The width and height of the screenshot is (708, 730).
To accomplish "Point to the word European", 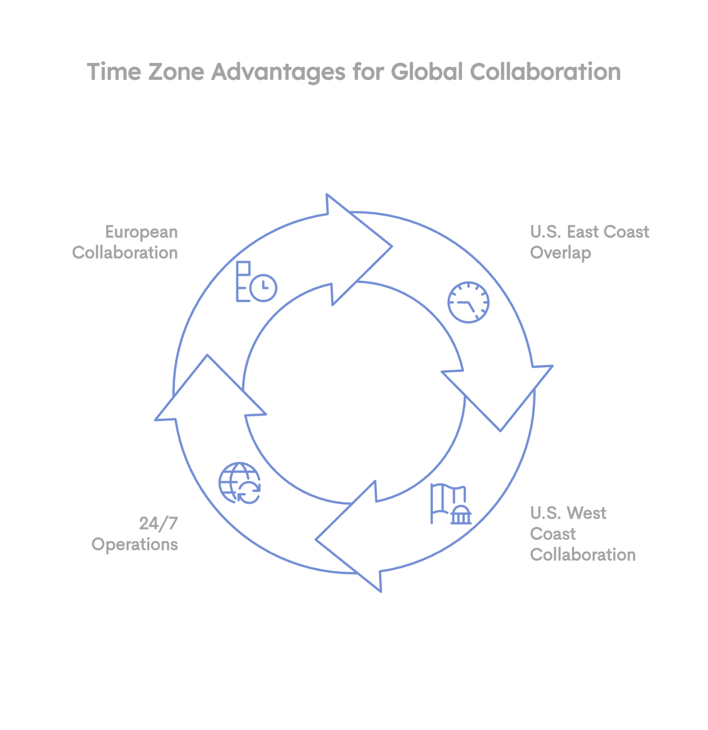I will click(x=141, y=232).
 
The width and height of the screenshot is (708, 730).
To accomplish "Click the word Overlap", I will click(x=560, y=253).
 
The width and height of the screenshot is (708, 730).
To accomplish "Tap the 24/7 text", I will click(x=158, y=523).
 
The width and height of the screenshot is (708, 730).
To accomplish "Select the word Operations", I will click(x=134, y=544).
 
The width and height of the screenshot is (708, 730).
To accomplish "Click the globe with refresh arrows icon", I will click(x=240, y=483).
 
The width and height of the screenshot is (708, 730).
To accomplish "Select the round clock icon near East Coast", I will click(x=469, y=302).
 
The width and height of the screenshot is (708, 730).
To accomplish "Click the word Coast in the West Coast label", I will click(x=553, y=534).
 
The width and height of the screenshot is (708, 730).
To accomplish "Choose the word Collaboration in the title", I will click(x=545, y=72).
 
